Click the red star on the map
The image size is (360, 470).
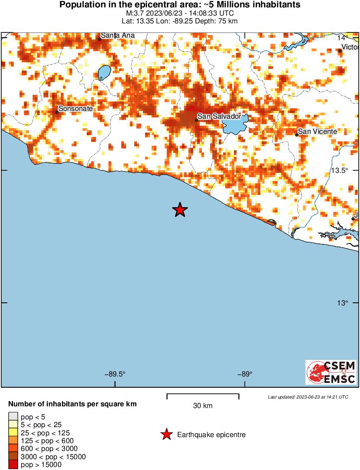[180, 210]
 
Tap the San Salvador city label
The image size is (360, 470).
[219, 116]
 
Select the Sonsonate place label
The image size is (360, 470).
[75, 109]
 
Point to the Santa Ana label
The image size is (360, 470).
[118, 35]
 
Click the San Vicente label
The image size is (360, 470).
[318, 131]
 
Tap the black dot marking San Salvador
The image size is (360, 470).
[196, 120]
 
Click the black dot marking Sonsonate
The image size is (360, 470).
[57, 112]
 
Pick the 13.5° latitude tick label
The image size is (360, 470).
[339, 170]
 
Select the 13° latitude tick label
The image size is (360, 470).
[342, 303]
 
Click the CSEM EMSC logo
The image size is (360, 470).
[331, 372]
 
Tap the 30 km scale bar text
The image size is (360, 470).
[203, 406]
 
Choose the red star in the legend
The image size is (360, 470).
[166, 434]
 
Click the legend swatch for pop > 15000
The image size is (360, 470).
[13, 465]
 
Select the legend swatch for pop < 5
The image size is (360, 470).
[13, 417]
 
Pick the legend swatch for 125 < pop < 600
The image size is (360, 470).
[13, 441]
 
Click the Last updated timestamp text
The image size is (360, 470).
[308, 397]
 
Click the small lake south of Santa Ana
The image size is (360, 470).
[104, 72]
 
